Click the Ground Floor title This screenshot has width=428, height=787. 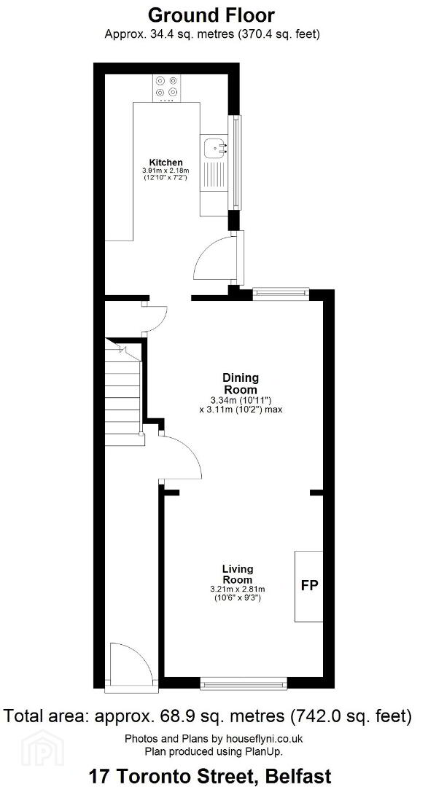tap(211, 15)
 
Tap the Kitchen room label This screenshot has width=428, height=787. tap(166, 162)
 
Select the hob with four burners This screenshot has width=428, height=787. tap(166, 86)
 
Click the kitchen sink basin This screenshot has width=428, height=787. tap(215, 148)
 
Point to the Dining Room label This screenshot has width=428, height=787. tap(241, 383)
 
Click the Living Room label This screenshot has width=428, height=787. tap(238, 573)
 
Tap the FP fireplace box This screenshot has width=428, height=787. tap(309, 586)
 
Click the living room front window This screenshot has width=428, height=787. tap(244, 683)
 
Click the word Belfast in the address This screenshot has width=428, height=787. tap(297, 773)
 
